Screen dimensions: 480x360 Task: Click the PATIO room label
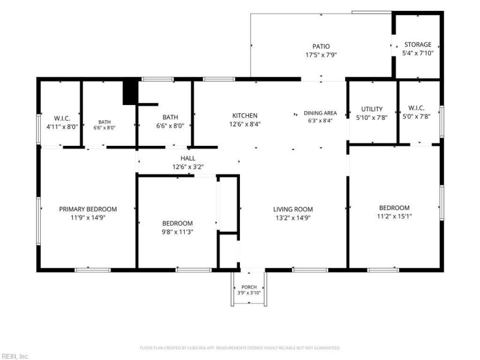pos(321,47)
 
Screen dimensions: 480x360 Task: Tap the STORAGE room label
pos(418,44)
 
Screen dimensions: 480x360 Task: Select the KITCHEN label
pos(245,115)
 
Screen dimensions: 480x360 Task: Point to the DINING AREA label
pos(320,113)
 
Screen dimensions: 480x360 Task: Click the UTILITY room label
pos(372,109)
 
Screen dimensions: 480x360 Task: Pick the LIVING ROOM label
pos(293,209)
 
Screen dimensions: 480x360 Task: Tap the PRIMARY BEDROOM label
pos(88,209)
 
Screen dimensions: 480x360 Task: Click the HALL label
pos(188,158)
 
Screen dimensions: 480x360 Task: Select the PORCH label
pos(249,287)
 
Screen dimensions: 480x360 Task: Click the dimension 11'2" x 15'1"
pos(394,216)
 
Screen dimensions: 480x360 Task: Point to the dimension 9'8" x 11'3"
pos(178,232)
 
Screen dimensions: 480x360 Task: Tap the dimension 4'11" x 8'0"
pos(62,127)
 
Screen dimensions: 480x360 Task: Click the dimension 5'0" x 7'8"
pos(416,116)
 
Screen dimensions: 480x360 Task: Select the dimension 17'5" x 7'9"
pos(321,55)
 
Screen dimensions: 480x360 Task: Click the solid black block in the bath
pos(130,92)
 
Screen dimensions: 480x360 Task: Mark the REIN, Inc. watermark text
pos(14,356)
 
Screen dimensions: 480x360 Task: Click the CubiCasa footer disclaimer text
pos(240,348)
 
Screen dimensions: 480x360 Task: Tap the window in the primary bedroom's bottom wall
pos(92,270)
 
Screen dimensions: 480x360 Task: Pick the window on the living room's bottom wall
pos(310,270)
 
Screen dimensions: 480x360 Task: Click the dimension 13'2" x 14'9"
pos(293,218)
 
